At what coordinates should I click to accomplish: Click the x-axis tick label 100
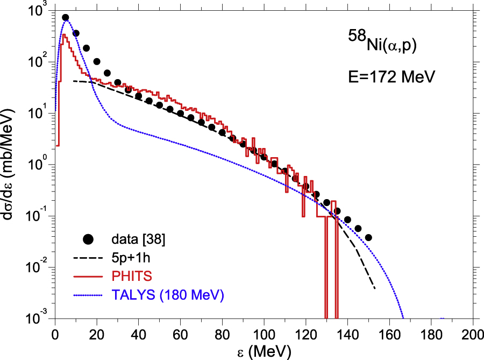[x=264, y=333]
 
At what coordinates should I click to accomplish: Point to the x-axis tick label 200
[x=473, y=333]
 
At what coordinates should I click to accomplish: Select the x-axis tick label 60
[x=180, y=333]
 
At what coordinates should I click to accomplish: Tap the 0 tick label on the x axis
[x=54, y=333]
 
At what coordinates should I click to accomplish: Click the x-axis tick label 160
[x=389, y=333]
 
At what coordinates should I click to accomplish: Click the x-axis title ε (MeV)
[x=264, y=351]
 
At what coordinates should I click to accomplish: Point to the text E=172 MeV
[x=390, y=76]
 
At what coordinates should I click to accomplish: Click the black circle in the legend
[x=89, y=238]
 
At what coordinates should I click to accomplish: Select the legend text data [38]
[x=134, y=238]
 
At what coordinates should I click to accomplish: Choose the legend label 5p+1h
[x=129, y=257]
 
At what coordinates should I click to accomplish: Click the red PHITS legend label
[x=129, y=276]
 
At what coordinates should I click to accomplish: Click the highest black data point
[x=66, y=18]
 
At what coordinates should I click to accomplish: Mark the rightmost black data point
[x=368, y=237]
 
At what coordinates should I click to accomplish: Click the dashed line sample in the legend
[x=89, y=257]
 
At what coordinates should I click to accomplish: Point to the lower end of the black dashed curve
[x=374, y=289]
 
